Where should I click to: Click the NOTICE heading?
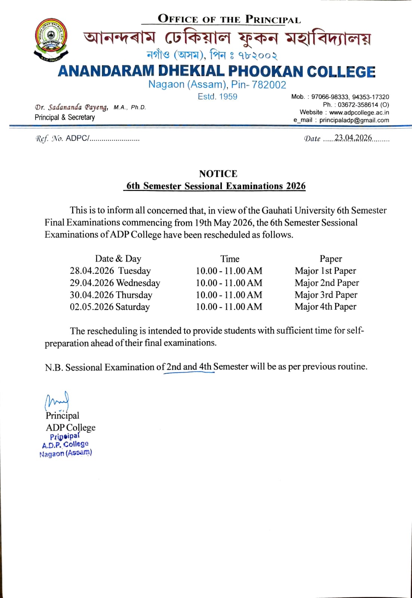point(218,174)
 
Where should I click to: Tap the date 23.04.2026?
point(353,138)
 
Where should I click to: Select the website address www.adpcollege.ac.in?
point(359,112)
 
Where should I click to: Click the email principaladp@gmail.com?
point(354,120)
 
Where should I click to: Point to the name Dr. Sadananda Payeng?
point(71,107)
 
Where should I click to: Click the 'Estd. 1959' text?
point(217,96)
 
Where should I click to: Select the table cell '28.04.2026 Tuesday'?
point(110,271)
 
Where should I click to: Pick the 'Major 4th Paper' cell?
point(325,307)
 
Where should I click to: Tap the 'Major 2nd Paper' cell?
point(326,283)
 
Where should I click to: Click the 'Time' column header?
point(230,259)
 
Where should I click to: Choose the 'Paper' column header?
point(331,259)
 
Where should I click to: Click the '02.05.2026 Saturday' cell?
point(110,307)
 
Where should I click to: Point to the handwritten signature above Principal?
point(56,401)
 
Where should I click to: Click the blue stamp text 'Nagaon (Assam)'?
point(66,453)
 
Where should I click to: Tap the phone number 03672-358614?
point(358,105)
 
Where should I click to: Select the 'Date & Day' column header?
point(118,259)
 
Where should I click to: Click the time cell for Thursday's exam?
point(229,295)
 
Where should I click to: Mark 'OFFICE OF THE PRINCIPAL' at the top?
point(229,19)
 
